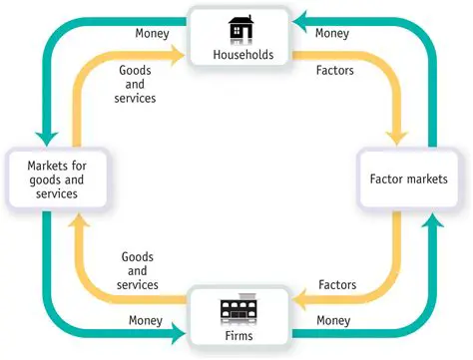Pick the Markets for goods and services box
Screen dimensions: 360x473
click(45, 178)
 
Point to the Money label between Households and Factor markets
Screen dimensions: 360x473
click(331, 34)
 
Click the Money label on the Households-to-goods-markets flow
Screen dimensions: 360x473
click(152, 34)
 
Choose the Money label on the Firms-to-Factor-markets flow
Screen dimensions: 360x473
click(331, 320)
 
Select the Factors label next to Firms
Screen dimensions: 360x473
click(337, 285)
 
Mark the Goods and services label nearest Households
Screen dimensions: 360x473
click(138, 85)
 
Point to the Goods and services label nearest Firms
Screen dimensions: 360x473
click(138, 271)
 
